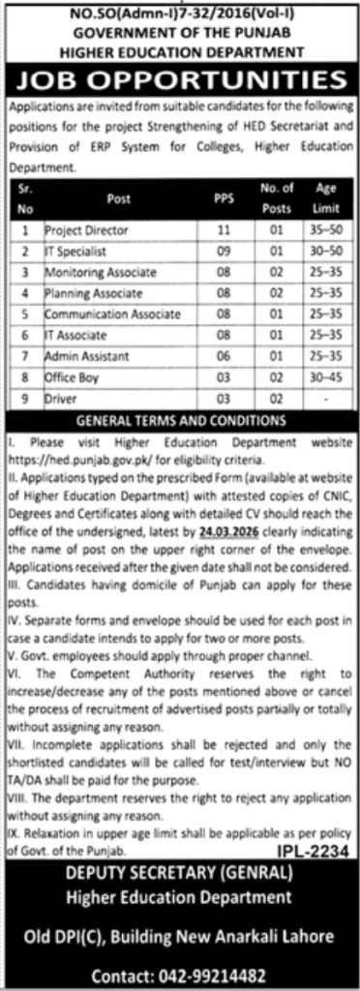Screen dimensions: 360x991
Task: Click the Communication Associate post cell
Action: pos(112,314)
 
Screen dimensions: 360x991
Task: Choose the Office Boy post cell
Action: pos(71,376)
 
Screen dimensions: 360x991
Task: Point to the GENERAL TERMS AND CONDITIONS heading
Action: pos(180,421)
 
